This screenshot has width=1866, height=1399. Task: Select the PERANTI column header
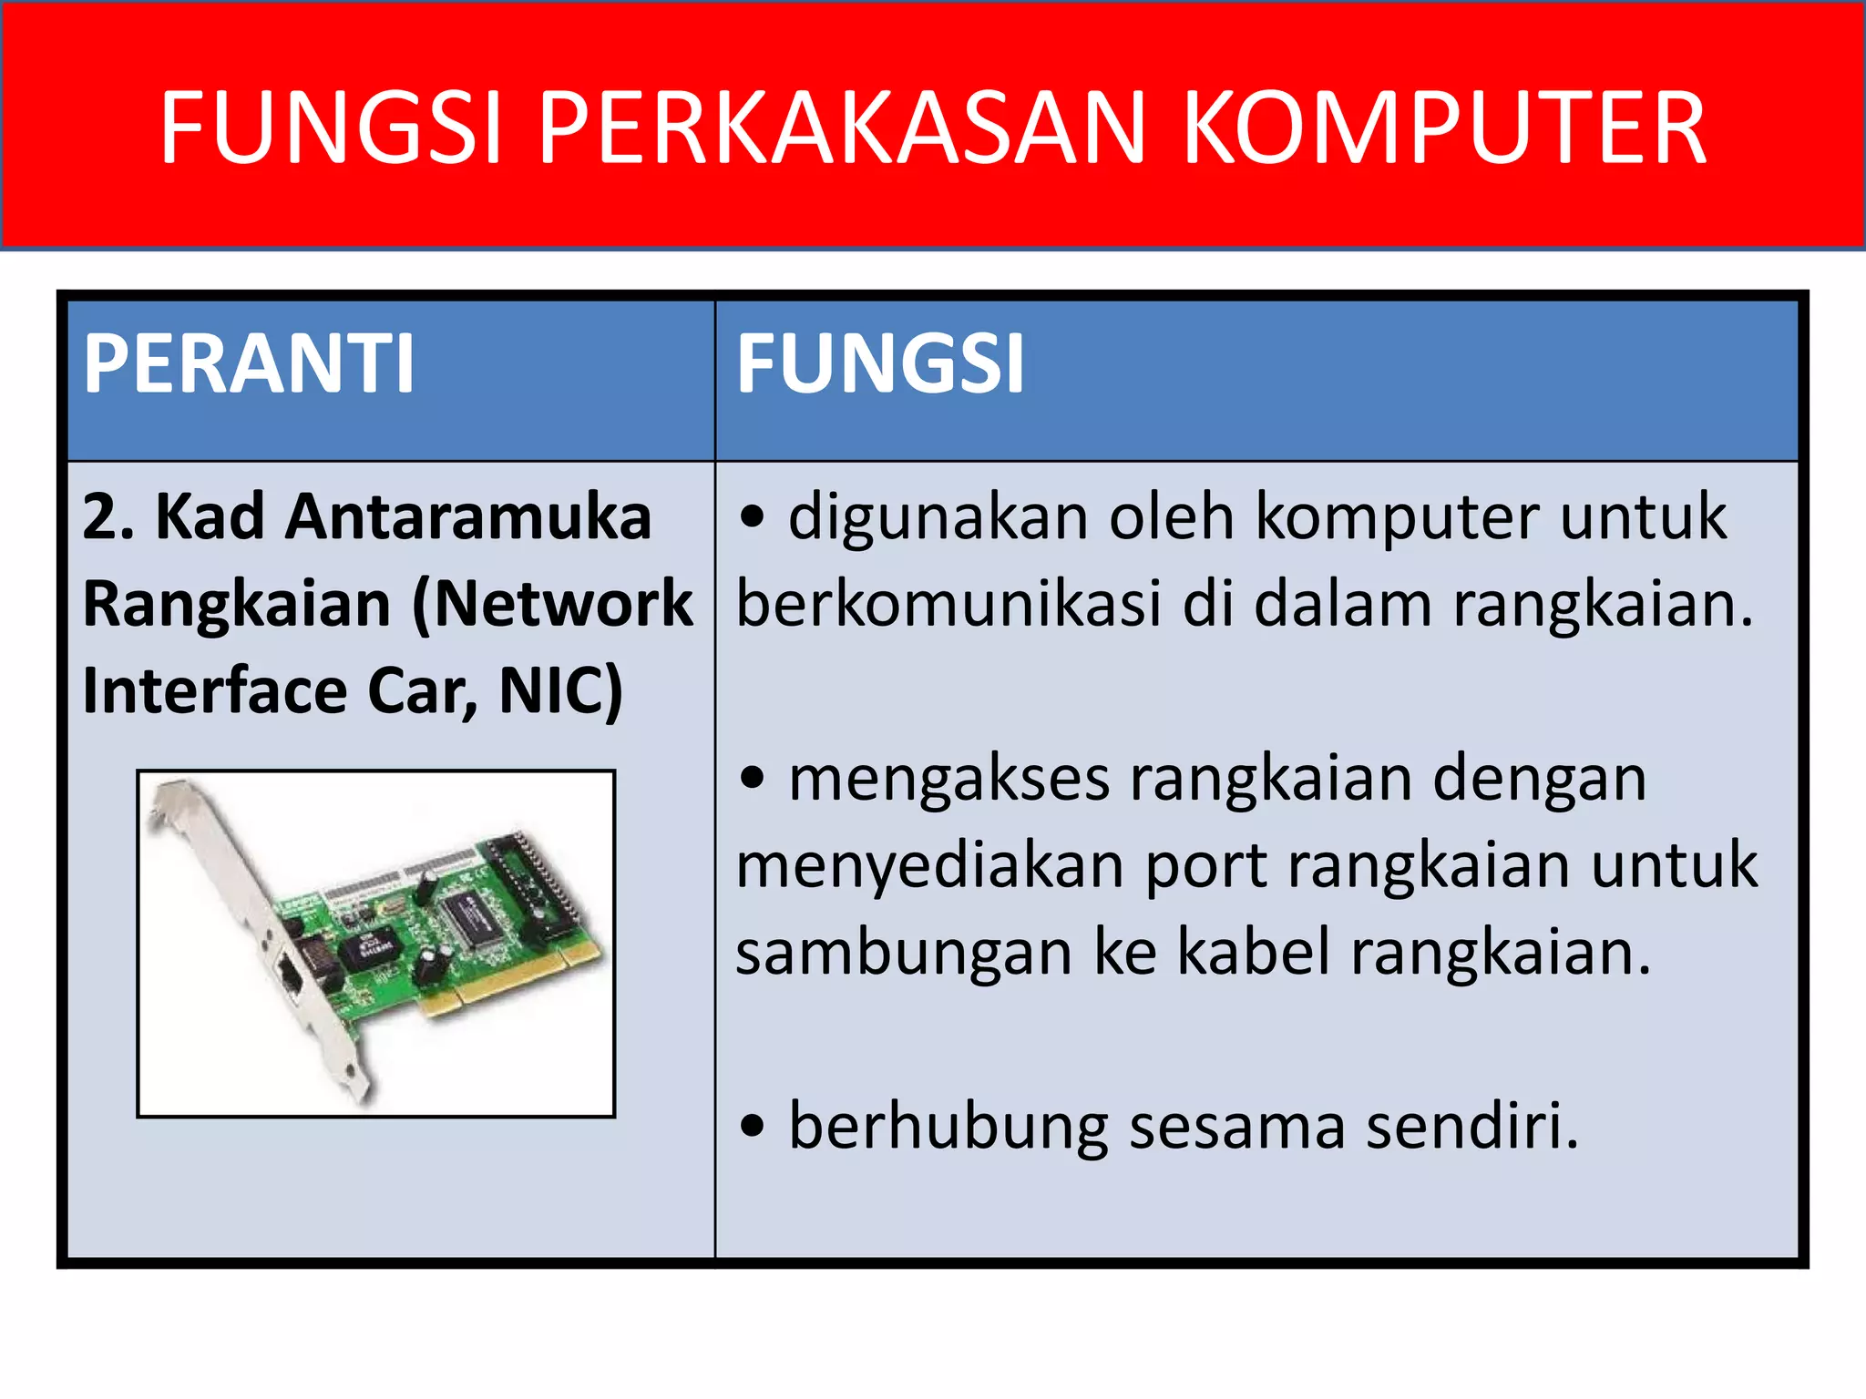tap(249, 364)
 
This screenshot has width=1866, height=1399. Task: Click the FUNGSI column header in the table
tap(880, 364)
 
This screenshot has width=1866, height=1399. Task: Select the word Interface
tap(215, 690)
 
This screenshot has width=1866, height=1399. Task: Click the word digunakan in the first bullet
tap(938, 517)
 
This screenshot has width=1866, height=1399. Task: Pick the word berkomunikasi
tap(948, 604)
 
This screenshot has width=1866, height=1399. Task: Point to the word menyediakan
tap(929, 865)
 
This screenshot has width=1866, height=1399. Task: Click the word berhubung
tap(948, 1127)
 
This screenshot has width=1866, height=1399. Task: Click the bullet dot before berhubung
tap(752, 1127)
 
